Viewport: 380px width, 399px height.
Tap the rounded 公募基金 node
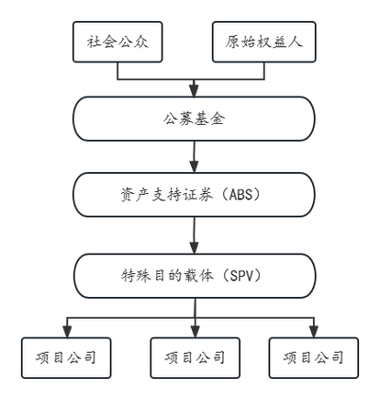pyautogui.click(x=194, y=118)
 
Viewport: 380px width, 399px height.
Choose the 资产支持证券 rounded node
pyautogui.click(x=194, y=195)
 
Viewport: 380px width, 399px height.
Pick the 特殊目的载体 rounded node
pyautogui.click(x=194, y=274)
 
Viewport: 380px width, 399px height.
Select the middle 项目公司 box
pyautogui.click(x=194, y=357)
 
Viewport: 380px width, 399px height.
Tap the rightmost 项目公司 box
pyautogui.click(x=314, y=357)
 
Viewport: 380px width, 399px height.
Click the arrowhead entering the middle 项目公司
pyautogui.click(x=194, y=331)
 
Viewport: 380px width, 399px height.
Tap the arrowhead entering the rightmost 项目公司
pyautogui.click(x=314, y=331)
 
